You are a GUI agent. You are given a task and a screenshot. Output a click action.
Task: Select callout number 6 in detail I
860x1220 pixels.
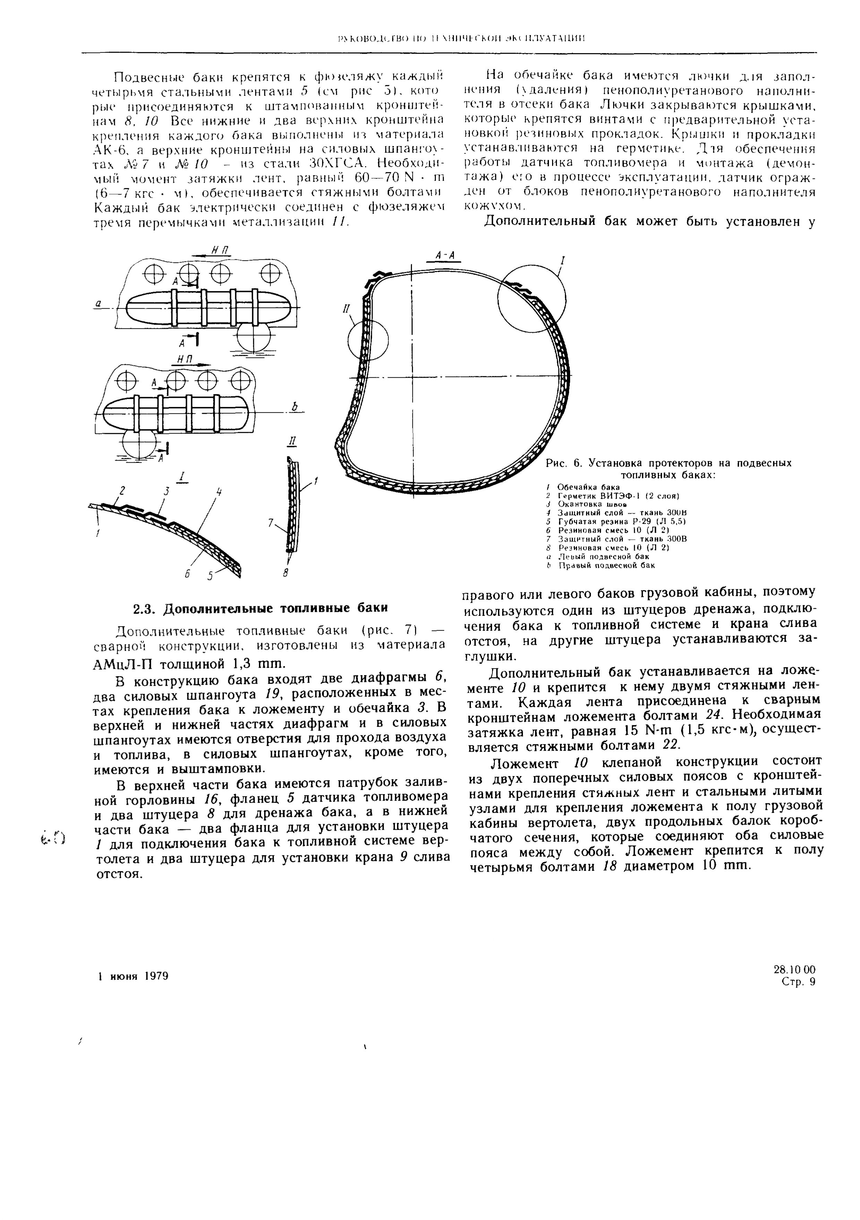(187, 574)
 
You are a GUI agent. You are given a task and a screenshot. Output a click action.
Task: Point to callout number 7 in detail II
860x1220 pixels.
(271, 523)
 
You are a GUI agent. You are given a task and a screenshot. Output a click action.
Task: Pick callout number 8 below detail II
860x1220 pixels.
(285, 573)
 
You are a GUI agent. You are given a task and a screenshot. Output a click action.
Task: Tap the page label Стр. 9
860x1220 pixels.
(798, 982)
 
